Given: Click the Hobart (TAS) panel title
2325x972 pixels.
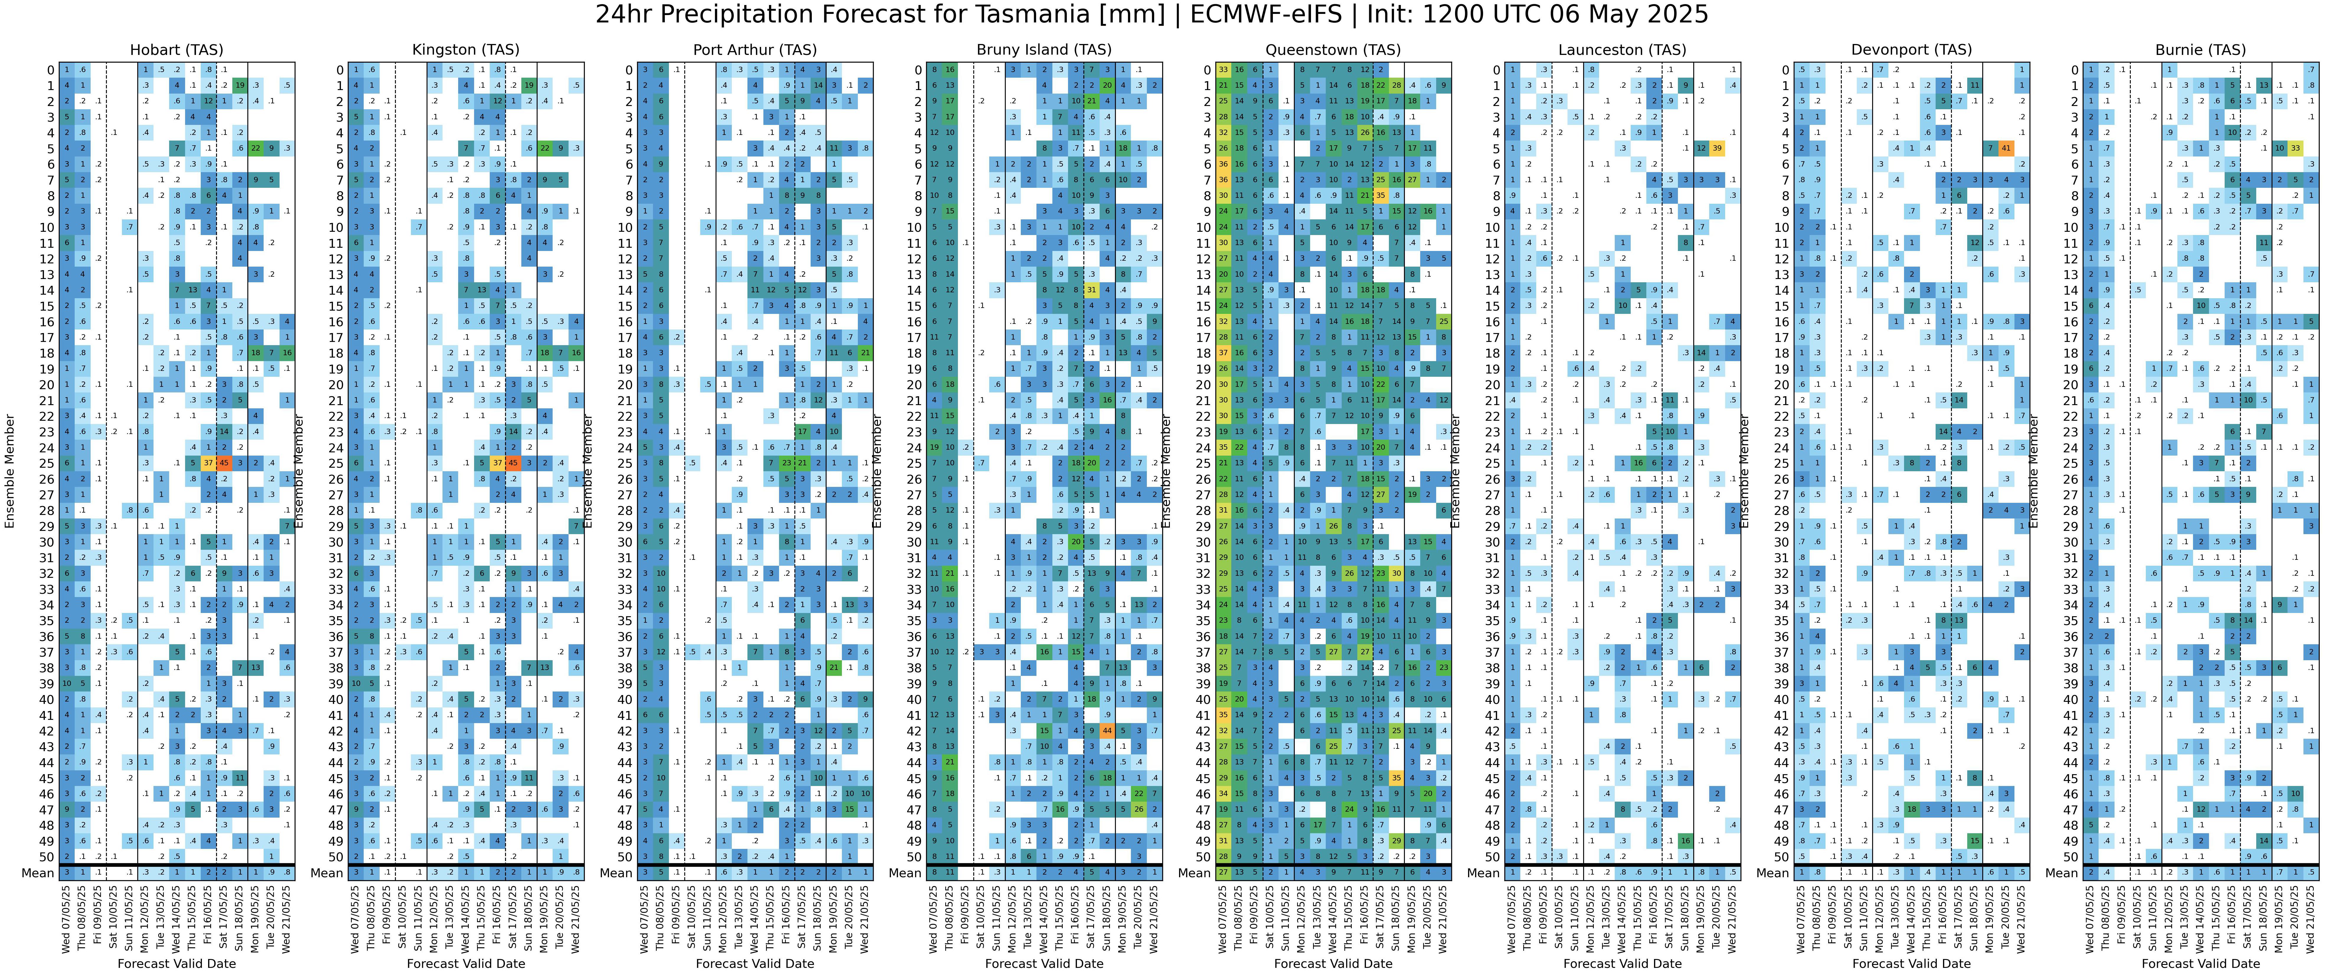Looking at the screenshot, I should pos(177,50).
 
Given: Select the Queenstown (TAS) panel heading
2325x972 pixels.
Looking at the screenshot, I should pos(1333,50).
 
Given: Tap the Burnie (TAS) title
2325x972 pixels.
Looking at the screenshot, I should pos(2200,50).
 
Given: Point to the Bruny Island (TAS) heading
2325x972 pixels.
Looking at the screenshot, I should pos(1044,50).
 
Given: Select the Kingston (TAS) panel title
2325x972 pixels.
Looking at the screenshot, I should pos(466,50).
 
